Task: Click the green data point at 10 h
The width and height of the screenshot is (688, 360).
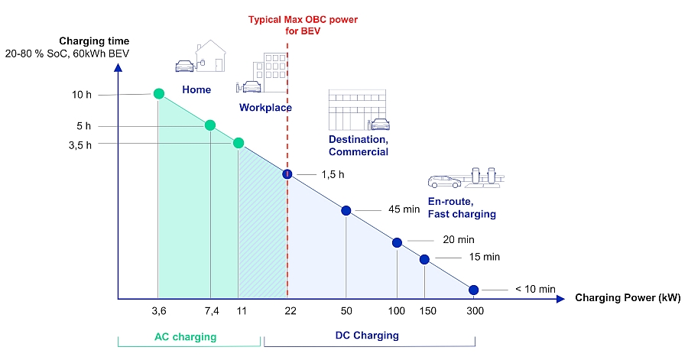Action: [159, 93]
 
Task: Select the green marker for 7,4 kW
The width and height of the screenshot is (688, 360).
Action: [210, 125]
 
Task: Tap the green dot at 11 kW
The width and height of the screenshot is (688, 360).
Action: [239, 143]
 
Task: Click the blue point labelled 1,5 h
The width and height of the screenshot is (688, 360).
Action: [287, 174]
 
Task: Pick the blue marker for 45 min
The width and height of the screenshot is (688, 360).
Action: [346, 210]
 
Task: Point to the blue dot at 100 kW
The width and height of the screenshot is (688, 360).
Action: [397, 242]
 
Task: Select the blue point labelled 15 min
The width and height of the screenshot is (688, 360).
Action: [425, 259]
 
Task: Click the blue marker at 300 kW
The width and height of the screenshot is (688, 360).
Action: [473, 290]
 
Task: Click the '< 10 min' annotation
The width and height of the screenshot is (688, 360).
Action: [534, 289]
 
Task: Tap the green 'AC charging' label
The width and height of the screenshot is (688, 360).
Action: [185, 336]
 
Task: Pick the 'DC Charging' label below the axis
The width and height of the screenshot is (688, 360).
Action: [367, 336]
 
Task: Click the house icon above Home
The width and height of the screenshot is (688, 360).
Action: [209, 55]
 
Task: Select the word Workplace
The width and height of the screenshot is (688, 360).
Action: [265, 108]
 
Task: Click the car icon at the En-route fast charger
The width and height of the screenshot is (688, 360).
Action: [444, 182]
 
